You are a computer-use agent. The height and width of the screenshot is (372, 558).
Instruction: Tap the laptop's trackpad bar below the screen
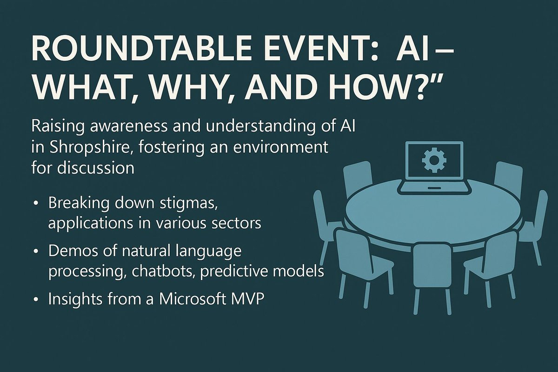(x=433, y=188)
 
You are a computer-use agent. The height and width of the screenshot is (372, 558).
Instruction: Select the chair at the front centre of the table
(x=432, y=270)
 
